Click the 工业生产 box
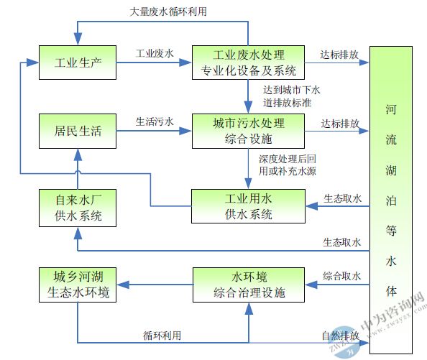coord(78,63)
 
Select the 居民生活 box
coord(78,131)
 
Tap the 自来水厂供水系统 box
coord(78,208)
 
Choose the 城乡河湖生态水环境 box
coord(78,285)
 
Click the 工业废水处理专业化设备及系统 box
coord(248,63)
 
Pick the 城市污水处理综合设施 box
coord(248,131)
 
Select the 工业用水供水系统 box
coord(248,206)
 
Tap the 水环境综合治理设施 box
coord(249,285)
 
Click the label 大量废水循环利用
coord(168,11)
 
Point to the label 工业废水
coord(155,53)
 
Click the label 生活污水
coord(155,121)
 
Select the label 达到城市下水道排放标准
coord(291,96)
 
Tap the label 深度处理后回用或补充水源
coord(288,165)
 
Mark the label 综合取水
coord(341,276)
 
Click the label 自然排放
coord(341,336)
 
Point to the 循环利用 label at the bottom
coord(162,336)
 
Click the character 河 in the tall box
coord(391,109)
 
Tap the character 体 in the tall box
coord(391,292)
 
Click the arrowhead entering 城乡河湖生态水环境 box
coord(123,285)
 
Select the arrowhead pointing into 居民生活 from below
coord(78,154)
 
